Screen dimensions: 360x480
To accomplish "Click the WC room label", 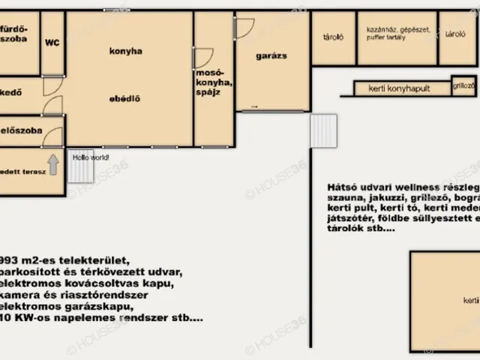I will (x=52, y=43).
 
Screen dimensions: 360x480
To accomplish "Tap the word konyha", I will (x=126, y=51).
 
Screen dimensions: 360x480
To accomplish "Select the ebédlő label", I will (x=126, y=98).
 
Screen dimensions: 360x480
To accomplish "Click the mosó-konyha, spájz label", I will (x=214, y=82).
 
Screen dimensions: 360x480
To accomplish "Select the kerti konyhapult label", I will (x=399, y=88).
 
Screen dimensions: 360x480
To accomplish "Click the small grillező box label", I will (x=463, y=86).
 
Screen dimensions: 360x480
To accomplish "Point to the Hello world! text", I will (x=90, y=157).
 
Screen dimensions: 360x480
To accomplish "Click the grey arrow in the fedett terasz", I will (x=53, y=164).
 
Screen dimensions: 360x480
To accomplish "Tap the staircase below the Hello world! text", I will (x=80, y=172).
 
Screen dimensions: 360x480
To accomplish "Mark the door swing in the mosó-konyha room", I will (x=203, y=58).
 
